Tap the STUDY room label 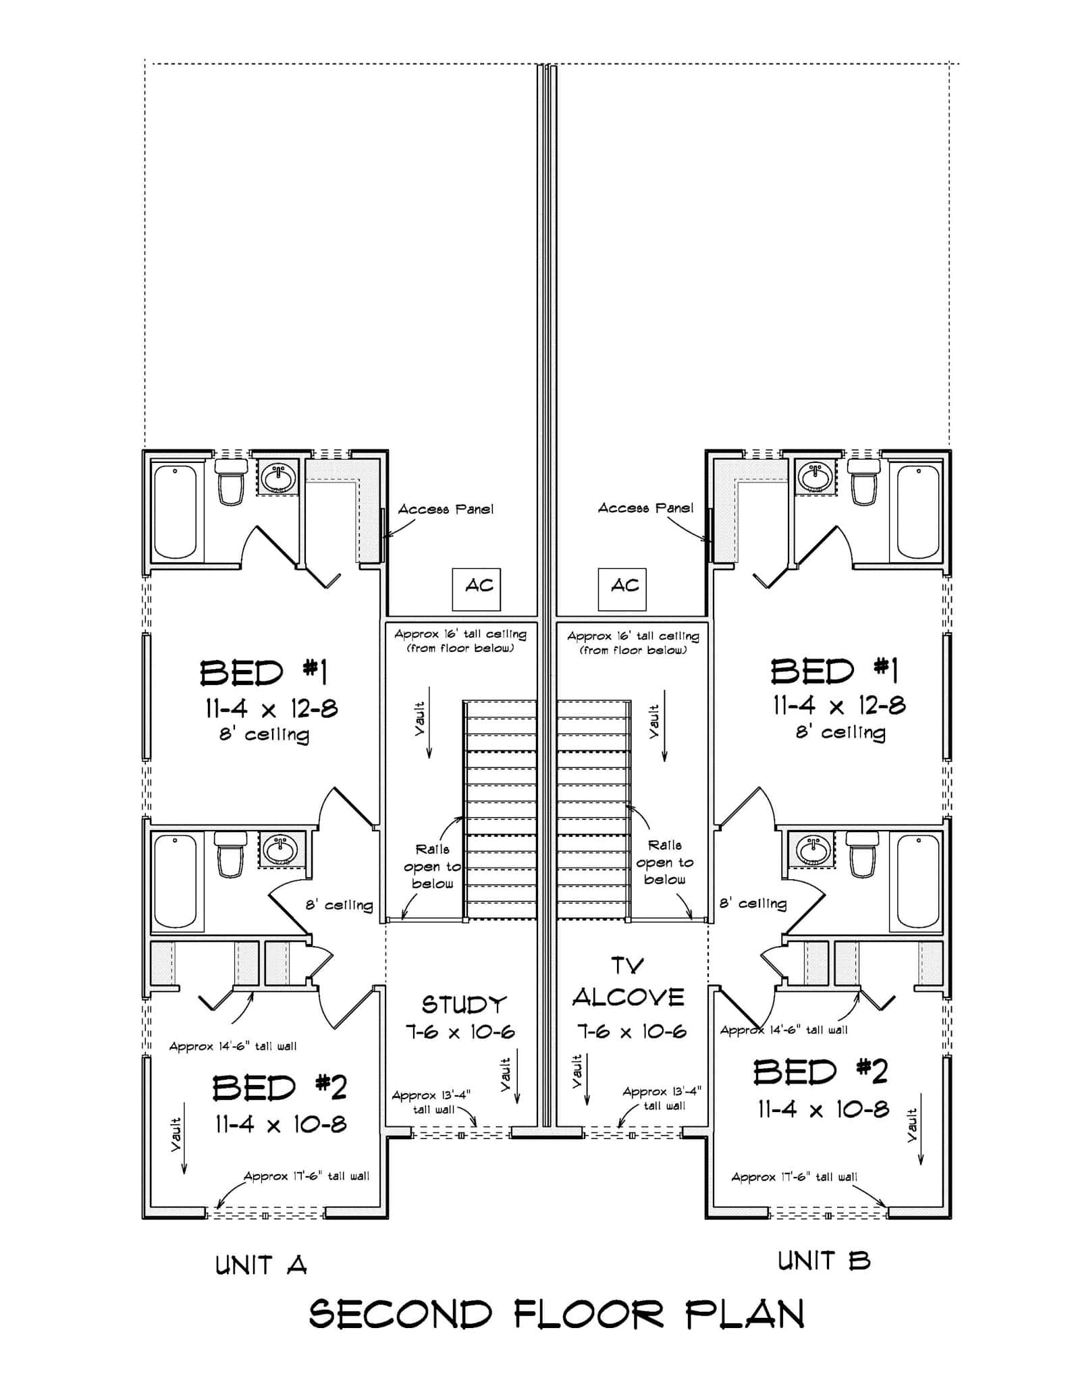point(463,1005)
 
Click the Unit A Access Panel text point(446,509)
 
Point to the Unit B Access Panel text point(645,508)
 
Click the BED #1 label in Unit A point(263,673)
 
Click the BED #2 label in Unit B point(820,1072)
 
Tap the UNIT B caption point(824,1261)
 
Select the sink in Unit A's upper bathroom point(278,478)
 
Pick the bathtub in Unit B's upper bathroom point(918,511)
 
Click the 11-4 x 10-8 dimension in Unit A point(281,1124)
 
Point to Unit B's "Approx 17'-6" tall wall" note point(794,1178)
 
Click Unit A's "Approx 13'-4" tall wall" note point(431,1102)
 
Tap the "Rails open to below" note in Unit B point(664,862)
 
